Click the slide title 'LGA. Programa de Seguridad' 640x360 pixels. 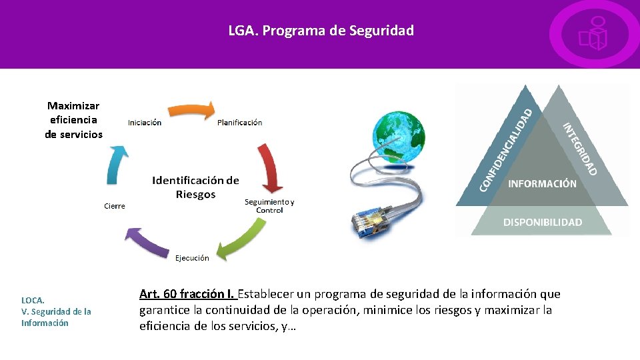click(x=321, y=31)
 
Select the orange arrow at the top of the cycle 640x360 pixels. click(x=190, y=111)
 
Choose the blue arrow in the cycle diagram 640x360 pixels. click(x=117, y=164)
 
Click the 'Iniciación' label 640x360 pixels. click(x=145, y=123)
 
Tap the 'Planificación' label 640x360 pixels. click(x=239, y=123)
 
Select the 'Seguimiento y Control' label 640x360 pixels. click(x=269, y=206)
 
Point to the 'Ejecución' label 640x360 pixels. click(x=192, y=258)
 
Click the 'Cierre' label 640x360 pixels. click(x=115, y=206)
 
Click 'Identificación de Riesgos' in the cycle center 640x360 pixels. click(x=195, y=187)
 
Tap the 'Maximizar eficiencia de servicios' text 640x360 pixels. click(x=73, y=120)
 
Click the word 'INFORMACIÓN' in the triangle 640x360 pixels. click(x=542, y=183)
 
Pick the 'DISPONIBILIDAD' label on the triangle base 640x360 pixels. click(x=542, y=222)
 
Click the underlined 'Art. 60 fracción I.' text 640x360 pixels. click(x=187, y=294)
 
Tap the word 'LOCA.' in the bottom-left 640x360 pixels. click(x=33, y=300)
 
